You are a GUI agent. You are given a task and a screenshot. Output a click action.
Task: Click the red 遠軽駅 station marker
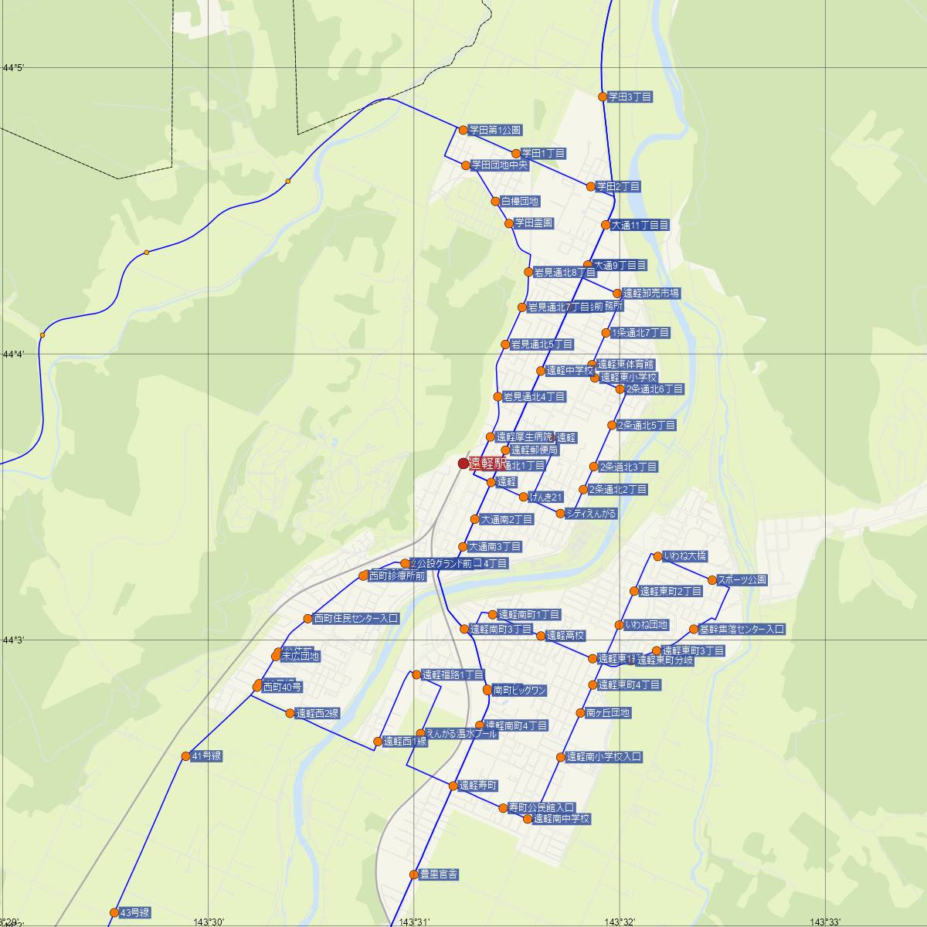463,463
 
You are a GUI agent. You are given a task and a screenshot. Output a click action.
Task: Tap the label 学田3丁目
630,97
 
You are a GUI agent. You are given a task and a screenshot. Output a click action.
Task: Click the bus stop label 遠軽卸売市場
651,294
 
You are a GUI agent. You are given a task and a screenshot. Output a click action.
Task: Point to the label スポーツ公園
742,580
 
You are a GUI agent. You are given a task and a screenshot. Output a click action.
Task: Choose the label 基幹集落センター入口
742,630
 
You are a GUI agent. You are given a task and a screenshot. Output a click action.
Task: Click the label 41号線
206,756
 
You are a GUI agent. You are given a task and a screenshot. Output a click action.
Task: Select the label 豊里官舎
439,874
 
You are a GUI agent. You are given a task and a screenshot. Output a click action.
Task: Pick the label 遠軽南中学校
562,819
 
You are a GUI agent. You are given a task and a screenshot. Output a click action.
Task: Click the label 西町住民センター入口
356,619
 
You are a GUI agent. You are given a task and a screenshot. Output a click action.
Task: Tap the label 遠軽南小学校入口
604,757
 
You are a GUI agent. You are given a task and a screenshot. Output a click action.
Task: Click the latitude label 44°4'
14,355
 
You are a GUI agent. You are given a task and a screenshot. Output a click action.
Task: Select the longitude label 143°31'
415,922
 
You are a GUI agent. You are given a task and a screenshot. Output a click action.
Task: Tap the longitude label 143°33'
825,922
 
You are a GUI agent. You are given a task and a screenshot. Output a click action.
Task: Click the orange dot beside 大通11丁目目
606,226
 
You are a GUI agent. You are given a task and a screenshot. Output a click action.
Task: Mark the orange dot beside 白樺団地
496,202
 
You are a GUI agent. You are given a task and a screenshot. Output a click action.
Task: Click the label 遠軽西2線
317,714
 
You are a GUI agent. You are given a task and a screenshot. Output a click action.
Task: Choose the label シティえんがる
591,513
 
